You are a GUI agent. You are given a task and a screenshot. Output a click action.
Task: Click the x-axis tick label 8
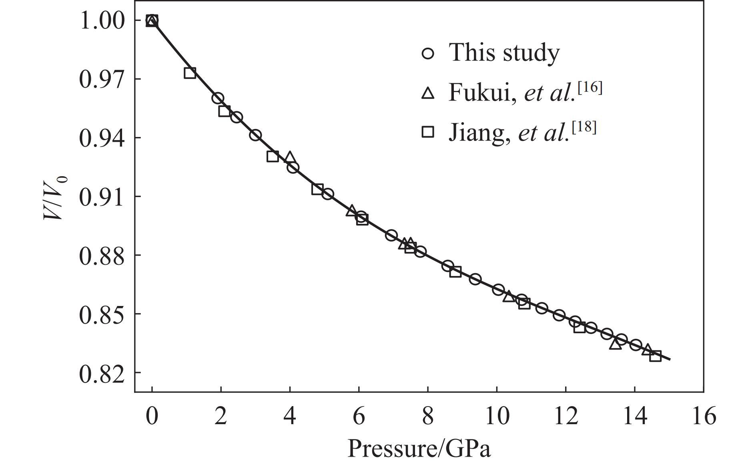427,417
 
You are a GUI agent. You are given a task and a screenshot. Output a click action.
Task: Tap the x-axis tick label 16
703,417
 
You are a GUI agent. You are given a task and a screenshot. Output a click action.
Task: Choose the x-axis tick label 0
152,417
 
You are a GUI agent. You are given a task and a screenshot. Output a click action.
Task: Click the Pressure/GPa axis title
419,448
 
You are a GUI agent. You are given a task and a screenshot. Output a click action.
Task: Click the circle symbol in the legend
428,53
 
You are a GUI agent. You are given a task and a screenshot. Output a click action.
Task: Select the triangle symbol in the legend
428,93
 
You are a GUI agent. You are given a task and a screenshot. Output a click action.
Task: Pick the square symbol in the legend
428,132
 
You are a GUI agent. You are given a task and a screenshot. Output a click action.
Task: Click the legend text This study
504,52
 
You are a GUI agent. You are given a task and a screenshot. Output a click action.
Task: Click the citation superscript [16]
590,87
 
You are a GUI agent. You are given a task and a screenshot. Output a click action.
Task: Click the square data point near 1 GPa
190,73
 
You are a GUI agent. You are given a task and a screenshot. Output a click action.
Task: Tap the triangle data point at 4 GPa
290,157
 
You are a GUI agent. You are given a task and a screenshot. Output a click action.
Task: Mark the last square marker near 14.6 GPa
655,356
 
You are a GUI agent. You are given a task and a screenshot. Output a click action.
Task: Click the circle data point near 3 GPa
255,135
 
